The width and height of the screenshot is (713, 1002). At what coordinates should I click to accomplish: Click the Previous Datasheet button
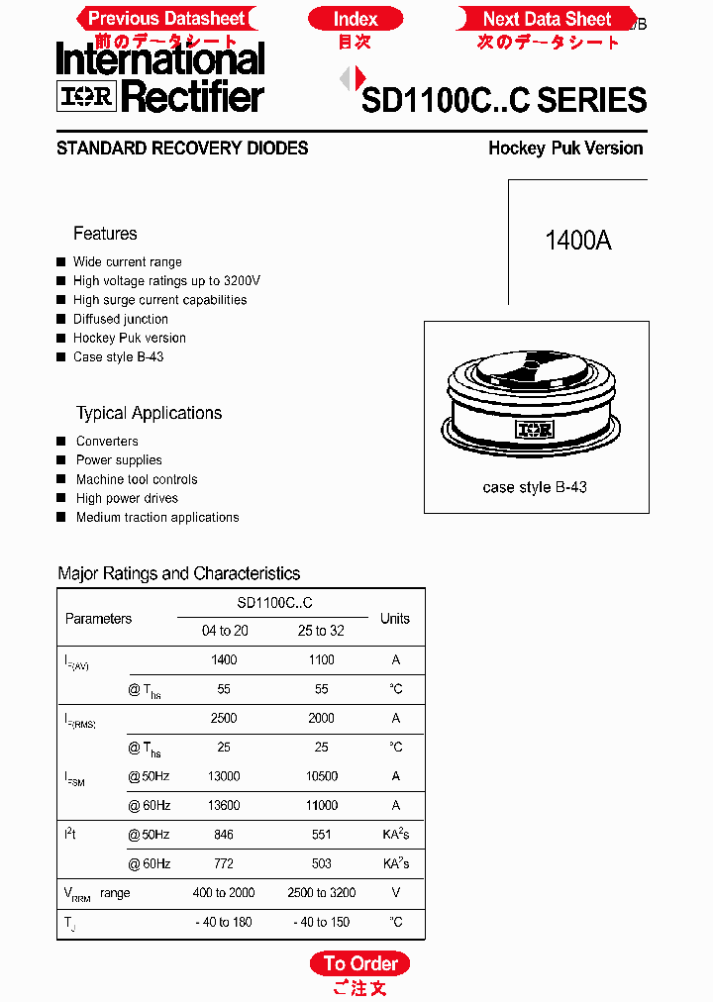[165, 19]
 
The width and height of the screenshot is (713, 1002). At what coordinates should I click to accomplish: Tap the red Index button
[356, 19]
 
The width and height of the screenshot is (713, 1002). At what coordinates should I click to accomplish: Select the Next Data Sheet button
[547, 19]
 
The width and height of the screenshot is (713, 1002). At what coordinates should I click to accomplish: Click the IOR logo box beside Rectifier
[87, 96]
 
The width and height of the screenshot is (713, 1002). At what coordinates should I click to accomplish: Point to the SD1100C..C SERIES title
[504, 100]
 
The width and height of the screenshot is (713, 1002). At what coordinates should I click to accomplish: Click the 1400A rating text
[578, 241]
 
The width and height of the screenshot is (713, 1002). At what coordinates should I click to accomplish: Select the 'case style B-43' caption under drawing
[535, 487]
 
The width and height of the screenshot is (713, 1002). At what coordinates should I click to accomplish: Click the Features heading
[105, 234]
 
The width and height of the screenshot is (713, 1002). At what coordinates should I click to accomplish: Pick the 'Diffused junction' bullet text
[121, 319]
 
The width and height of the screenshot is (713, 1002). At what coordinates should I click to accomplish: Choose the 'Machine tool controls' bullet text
[137, 479]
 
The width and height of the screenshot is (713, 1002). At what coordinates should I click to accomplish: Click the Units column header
[395, 618]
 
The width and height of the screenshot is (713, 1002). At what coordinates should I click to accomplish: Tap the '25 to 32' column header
[322, 631]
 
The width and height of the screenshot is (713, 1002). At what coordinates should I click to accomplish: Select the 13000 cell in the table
[224, 776]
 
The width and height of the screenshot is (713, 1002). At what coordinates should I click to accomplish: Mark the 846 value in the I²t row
[224, 835]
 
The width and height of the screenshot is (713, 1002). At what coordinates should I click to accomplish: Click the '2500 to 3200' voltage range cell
[322, 893]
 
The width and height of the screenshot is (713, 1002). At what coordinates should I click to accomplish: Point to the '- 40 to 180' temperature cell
[224, 922]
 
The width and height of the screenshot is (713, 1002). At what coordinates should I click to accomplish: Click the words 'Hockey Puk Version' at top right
[565, 149]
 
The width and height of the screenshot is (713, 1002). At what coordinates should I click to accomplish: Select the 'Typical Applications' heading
[150, 413]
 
